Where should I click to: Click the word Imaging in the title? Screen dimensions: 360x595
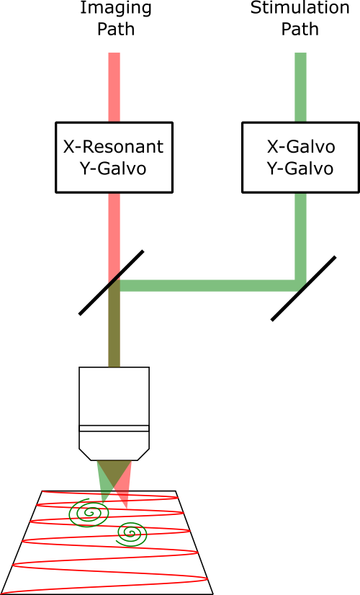click(116, 9)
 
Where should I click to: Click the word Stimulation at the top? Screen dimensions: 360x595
click(300, 8)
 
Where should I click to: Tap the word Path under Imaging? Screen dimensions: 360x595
click(116, 30)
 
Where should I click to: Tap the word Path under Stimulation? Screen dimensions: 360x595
click(300, 30)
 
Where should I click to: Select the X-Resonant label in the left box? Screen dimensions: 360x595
click(114, 147)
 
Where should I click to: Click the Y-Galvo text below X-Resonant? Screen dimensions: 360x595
click(113, 169)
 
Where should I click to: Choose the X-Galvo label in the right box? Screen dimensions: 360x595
click(301, 147)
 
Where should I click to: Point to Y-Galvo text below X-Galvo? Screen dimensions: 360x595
click(300, 169)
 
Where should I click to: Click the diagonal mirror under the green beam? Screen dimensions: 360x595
click(303, 288)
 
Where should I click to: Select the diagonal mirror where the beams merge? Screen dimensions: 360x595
click(111, 282)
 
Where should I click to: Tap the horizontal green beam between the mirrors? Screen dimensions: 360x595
click(207, 286)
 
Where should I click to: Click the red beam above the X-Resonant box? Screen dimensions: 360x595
click(114, 87)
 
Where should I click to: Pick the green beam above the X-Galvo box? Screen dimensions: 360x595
click(300, 87)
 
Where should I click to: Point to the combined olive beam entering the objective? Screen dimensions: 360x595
click(114, 329)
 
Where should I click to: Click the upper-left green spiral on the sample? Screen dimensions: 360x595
click(89, 513)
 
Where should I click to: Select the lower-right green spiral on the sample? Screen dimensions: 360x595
click(131, 534)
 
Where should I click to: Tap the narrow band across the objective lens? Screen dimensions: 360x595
click(114, 429)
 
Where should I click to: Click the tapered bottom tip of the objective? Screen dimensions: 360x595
click(114, 455)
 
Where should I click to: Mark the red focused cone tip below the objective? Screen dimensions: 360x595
click(126, 508)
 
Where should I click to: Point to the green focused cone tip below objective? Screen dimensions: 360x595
click(102, 502)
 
